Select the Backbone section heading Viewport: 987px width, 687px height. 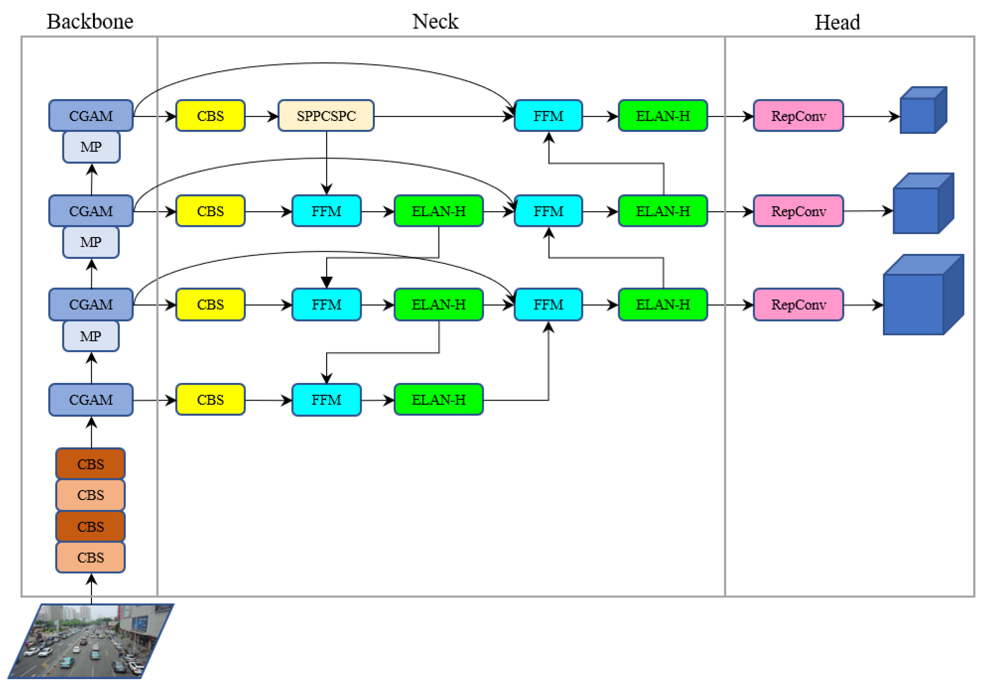[x=90, y=22]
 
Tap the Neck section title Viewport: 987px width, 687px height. [x=435, y=22]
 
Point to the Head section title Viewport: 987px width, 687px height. [x=837, y=22]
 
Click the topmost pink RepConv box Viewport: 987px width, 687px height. [x=798, y=116]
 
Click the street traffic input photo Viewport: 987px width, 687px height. [x=90, y=640]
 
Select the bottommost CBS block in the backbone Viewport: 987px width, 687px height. [x=90, y=557]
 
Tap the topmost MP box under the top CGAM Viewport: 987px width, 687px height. [x=91, y=147]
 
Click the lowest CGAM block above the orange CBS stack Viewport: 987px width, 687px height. [x=91, y=399]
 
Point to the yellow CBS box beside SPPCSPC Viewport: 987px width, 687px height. [x=210, y=116]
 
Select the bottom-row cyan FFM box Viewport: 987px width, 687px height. [x=326, y=399]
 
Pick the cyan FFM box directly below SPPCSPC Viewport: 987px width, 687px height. [x=326, y=211]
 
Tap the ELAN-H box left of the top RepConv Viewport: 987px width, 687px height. [x=662, y=116]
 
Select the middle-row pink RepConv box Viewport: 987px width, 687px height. [x=798, y=211]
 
